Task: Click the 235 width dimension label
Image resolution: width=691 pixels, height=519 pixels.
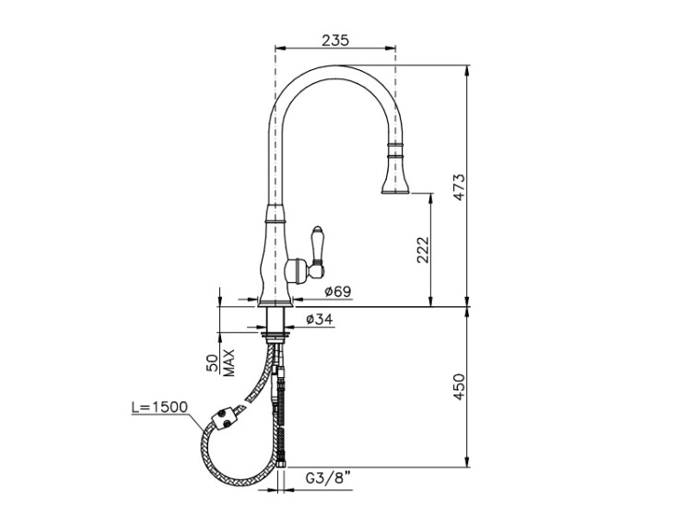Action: tap(335, 41)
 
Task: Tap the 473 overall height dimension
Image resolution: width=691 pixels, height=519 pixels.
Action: tap(459, 187)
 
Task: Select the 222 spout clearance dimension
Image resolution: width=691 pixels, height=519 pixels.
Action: tap(423, 250)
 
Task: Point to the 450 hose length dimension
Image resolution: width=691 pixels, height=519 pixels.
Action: tap(459, 386)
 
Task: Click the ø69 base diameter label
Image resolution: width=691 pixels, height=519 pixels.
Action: tap(337, 291)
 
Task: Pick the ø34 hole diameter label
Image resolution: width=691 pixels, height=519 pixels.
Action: tap(319, 319)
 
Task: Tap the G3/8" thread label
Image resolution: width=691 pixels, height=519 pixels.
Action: tap(328, 478)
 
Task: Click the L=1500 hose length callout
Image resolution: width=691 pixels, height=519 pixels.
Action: tap(159, 407)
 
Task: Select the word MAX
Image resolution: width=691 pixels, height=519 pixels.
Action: tap(229, 362)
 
